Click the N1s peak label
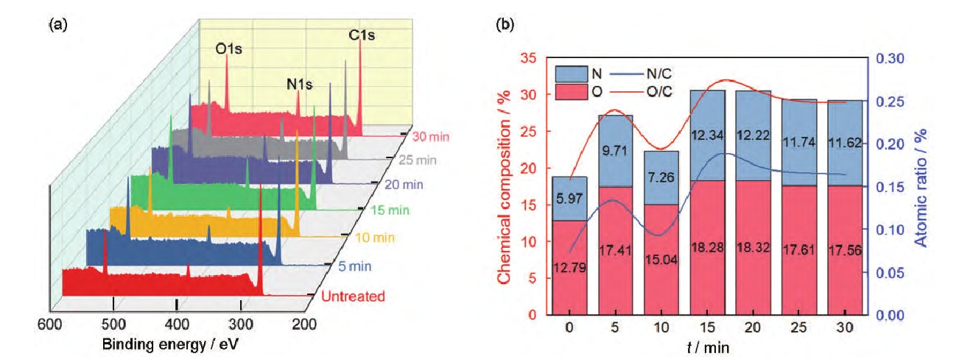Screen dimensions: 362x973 (299, 85)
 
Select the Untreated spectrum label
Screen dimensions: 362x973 (353, 297)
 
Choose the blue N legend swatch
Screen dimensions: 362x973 (572, 73)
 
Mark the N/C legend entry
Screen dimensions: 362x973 (658, 73)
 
